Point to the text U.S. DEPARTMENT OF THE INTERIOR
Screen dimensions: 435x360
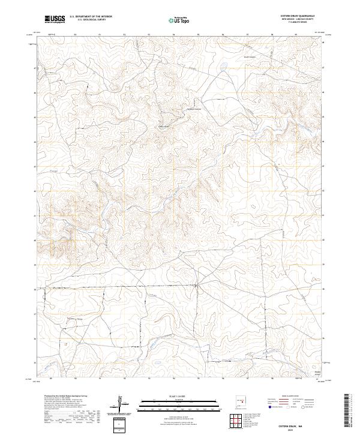[x=91, y=16]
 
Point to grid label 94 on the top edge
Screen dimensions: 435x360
[x=173, y=35]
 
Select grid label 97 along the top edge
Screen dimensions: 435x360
[x=247, y=35]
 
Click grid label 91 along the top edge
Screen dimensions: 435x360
[x=100, y=35]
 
